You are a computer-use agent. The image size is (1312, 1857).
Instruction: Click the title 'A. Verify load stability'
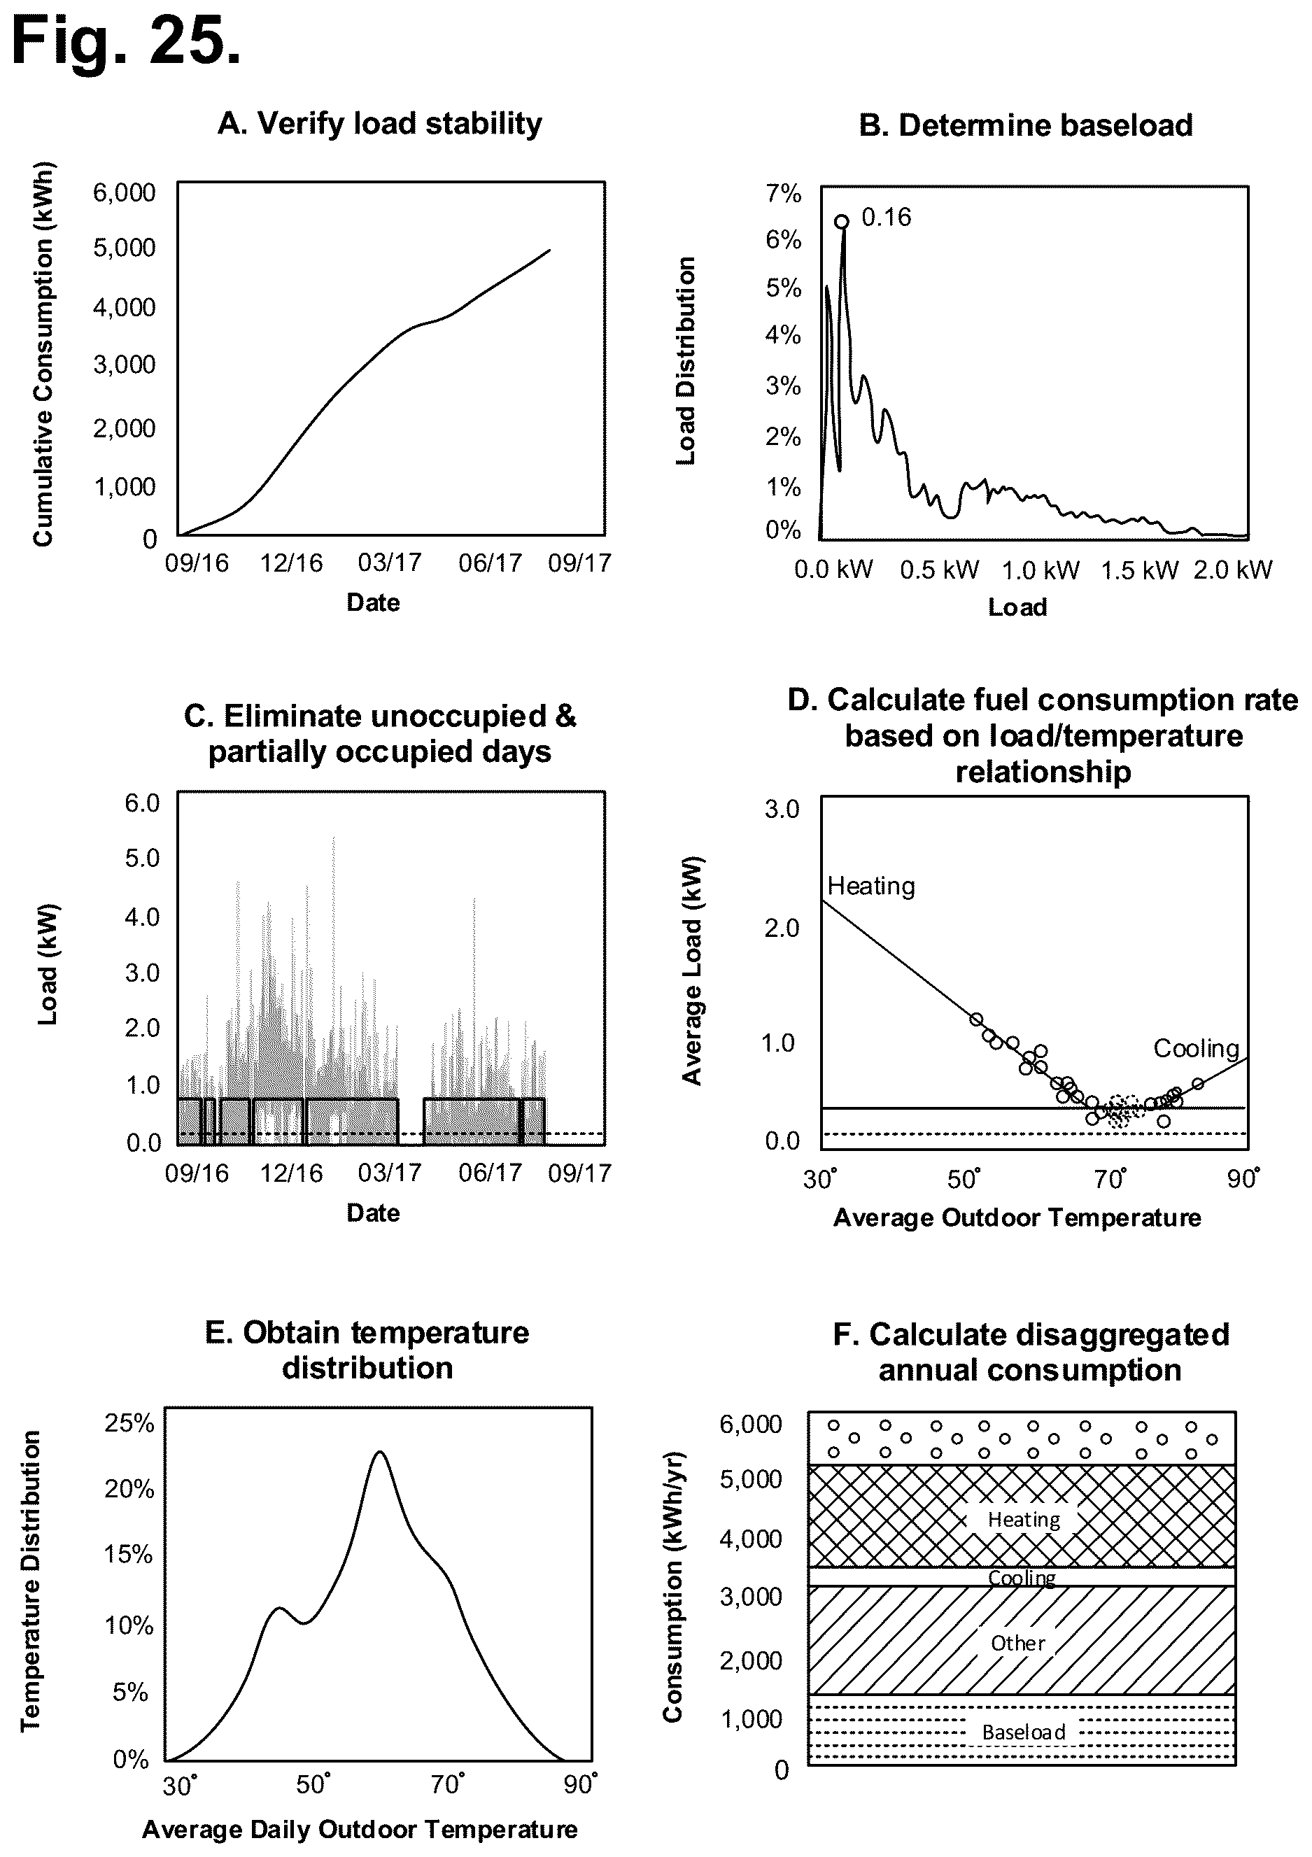pyautogui.click(x=379, y=125)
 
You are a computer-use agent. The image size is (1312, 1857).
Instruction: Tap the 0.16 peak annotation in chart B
pyautogui.click(x=886, y=217)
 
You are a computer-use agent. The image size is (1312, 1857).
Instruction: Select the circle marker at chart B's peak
pyautogui.click(x=841, y=222)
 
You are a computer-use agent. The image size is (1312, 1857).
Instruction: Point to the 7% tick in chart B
pyautogui.click(x=783, y=193)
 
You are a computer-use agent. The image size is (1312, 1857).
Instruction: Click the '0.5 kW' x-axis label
pyautogui.click(x=939, y=570)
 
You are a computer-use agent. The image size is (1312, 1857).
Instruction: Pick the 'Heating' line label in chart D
pyautogui.click(x=871, y=887)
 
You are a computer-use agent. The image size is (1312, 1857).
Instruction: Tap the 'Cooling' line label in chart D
pyautogui.click(x=1196, y=1049)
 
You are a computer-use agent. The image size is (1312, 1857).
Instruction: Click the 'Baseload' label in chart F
pyautogui.click(x=1023, y=1732)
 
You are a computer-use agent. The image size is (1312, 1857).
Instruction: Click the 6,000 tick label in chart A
pyautogui.click(x=124, y=193)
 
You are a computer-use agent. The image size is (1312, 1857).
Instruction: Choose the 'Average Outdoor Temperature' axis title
pyautogui.click(x=1017, y=1217)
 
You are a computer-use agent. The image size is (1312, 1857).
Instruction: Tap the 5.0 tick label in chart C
pyautogui.click(x=142, y=857)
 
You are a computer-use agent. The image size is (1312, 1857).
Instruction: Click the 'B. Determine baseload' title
pyautogui.click(x=1025, y=126)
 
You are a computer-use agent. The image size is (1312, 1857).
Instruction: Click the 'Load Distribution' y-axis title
pyautogui.click(x=685, y=361)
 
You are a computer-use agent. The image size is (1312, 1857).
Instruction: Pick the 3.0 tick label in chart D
pyautogui.click(x=782, y=809)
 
